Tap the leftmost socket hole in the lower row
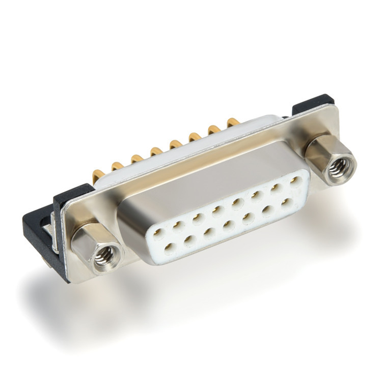(170, 248)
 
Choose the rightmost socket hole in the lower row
(288, 202)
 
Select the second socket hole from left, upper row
(177, 225)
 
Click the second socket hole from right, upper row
(276, 187)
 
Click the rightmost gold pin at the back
(233, 122)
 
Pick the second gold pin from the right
(214, 129)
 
